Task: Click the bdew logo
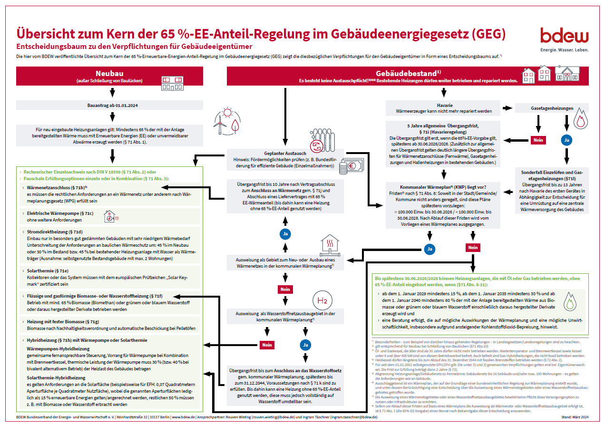[x=564, y=36]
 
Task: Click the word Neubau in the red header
[x=110, y=73]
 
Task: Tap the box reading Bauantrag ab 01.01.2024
[x=110, y=105]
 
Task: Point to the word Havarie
[x=444, y=105]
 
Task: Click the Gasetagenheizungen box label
[x=552, y=108]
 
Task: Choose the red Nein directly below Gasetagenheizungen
[x=538, y=140]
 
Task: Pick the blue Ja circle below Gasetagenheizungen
[x=566, y=141]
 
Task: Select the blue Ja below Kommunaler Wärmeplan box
[x=429, y=249]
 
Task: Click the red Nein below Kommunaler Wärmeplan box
[x=473, y=248]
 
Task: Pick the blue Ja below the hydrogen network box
[x=306, y=345]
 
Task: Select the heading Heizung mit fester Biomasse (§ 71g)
[x=63, y=322]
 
